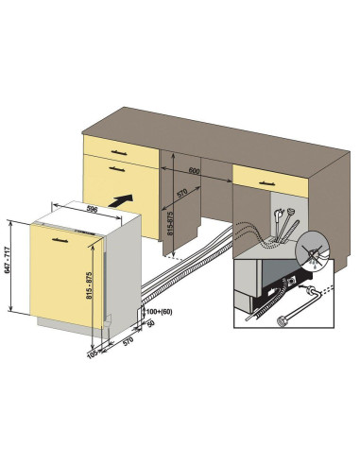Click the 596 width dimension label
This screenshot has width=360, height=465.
[x=91, y=209]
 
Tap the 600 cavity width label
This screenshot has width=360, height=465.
[x=194, y=171]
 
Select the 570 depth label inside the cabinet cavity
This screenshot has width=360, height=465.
[x=181, y=193]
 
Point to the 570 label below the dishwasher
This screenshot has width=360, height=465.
[x=128, y=341]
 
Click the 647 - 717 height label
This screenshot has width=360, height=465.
[x=9, y=260]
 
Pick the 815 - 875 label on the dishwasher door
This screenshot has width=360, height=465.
[x=89, y=285]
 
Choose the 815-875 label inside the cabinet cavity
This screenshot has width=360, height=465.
[x=170, y=223]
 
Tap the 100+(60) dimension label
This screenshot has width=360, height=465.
[x=160, y=312]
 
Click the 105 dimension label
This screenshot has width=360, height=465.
[x=92, y=354]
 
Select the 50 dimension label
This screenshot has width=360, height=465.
[x=151, y=323]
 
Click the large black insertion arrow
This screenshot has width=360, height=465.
[x=121, y=200]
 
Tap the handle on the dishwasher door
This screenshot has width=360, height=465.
[x=60, y=241]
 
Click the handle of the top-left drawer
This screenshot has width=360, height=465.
[x=119, y=153]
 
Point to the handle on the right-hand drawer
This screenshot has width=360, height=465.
[x=266, y=183]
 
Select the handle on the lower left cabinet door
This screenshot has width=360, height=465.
[x=116, y=169]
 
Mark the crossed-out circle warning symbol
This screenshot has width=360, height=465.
[x=313, y=248]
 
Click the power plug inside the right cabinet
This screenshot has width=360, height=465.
[x=279, y=217]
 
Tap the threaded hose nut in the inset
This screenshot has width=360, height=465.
[x=281, y=320]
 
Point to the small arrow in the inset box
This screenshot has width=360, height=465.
[x=303, y=286]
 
